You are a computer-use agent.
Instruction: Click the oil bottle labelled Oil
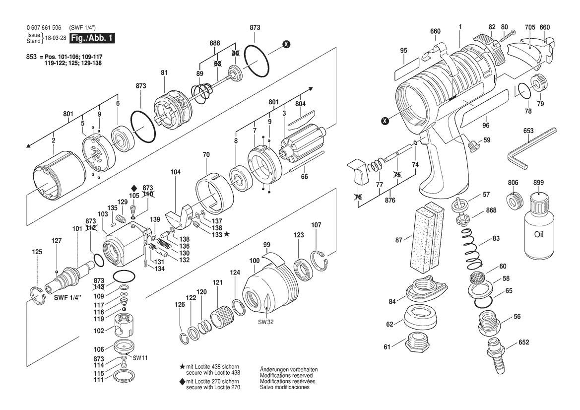(539, 226)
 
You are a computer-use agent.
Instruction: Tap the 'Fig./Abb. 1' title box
(92, 38)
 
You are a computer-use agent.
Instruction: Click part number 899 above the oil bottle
(539, 183)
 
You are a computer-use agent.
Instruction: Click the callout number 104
(175, 172)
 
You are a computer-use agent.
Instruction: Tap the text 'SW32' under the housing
(266, 322)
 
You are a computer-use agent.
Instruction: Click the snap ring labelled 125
(37, 296)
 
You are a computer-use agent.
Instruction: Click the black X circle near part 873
(286, 44)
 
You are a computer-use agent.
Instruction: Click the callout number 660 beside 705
(544, 27)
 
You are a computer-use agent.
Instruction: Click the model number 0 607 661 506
(44, 28)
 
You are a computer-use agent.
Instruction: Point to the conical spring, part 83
(471, 247)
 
